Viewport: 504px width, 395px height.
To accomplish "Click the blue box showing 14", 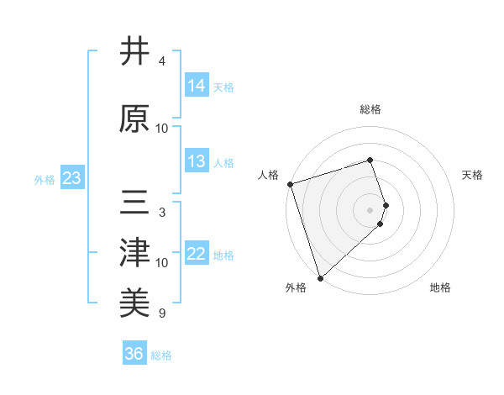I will tap(197, 86).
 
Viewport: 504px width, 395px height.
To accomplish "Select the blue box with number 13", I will tap(197, 161).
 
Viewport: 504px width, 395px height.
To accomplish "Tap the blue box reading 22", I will tap(197, 254).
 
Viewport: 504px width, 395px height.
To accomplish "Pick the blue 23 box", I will tap(71, 178).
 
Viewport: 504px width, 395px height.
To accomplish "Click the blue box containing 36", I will tap(134, 354).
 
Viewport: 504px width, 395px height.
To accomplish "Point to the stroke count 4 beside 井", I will tap(162, 61).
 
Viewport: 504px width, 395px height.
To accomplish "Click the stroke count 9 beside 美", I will tap(162, 313).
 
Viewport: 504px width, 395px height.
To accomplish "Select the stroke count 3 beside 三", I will tap(162, 213).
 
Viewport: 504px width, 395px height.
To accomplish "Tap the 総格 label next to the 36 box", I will tap(161, 355).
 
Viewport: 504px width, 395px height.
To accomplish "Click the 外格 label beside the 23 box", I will tap(45, 179).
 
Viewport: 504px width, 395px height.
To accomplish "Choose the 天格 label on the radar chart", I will tap(473, 175).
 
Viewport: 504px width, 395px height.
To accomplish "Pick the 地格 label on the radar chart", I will tap(440, 287).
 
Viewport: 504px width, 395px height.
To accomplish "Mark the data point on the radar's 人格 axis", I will tap(290, 184).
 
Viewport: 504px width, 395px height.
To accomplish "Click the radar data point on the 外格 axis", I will tap(319, 276).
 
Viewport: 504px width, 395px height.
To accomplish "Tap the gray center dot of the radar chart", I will tap(370, 209).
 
